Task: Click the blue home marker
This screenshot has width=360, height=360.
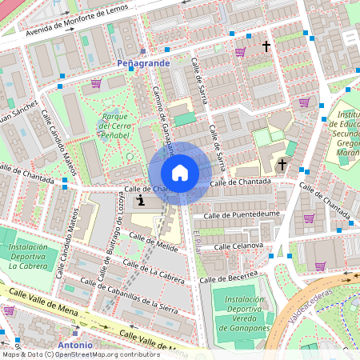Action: point(180,173)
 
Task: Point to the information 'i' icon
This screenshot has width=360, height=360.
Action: point(141,200)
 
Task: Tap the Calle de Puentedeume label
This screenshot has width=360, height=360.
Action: point(241,214)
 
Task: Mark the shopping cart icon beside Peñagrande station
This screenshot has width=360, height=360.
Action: point(96,83)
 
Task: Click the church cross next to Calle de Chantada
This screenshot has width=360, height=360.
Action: point(281,165)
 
